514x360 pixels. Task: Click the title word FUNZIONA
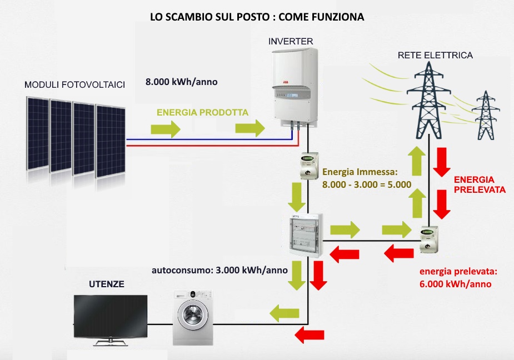coord(339,17)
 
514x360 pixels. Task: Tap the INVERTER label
coord(291,42)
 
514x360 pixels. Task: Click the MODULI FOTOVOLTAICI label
coord(74,84)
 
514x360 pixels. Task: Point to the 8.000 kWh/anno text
coord(181,82)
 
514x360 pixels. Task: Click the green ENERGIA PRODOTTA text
coord(202,112)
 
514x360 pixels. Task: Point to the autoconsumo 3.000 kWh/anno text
coord(219,271)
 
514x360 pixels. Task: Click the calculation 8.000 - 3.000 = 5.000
coord(366,184)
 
